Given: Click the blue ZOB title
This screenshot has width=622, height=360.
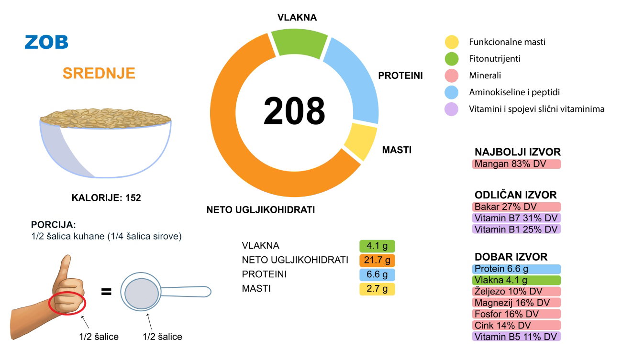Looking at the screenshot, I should (x=46, y=42).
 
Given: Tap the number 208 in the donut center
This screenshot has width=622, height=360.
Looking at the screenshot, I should (x=294, y=111).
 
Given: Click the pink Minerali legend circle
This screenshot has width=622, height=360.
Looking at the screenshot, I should (x=452, y=76).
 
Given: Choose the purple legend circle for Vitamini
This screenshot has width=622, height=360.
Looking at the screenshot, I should (x=452, y=109).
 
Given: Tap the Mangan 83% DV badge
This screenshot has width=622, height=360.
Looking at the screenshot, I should (x=516, y=164).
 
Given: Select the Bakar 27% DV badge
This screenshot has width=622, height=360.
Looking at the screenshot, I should (x=516, y=207).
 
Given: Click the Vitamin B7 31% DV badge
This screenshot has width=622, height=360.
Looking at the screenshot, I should (x=516, y=218).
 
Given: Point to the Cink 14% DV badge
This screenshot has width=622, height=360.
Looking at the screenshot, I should (x=516, y=325).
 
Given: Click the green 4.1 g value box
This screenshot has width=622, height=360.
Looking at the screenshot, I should (x=377, y=246).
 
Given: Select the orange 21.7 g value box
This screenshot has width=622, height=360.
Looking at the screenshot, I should (x=377, y=261).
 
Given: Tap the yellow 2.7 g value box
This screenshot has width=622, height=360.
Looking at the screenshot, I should (x=377, y=289).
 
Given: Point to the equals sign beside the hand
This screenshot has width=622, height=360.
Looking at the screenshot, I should (x=106, y=291).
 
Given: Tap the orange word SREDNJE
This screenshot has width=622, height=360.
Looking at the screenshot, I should (x=99, y=73).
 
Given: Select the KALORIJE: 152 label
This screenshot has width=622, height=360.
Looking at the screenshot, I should (x=106, y=197).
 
